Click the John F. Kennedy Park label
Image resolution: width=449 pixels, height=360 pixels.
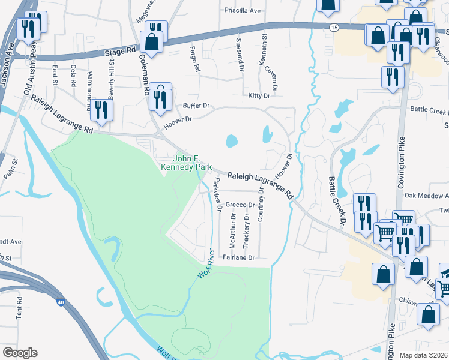point(185,163)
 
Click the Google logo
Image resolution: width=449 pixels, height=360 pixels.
point(20,353)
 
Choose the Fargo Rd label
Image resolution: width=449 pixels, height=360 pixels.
point(194,59)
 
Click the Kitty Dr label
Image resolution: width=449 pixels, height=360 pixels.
point(259,96)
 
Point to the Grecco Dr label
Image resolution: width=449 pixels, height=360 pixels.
point(241,205)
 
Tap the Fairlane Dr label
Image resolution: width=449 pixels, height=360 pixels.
point(239,257)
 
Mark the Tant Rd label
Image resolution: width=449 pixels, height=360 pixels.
point(19,306)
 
